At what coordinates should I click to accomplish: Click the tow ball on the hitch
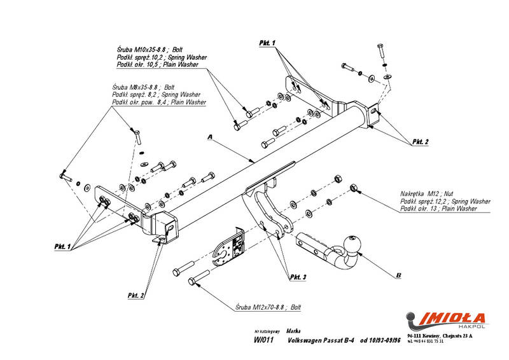click(352, 243)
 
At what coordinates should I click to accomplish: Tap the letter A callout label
click(209, 137)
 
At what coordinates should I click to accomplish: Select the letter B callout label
click(398, 275)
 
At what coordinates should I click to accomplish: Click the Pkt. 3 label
click(298, 277)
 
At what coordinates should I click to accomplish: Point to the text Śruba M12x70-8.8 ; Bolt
click(267, 307)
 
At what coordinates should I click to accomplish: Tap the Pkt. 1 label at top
click(267, 42)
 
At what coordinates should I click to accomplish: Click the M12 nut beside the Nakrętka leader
click(354, 188)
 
